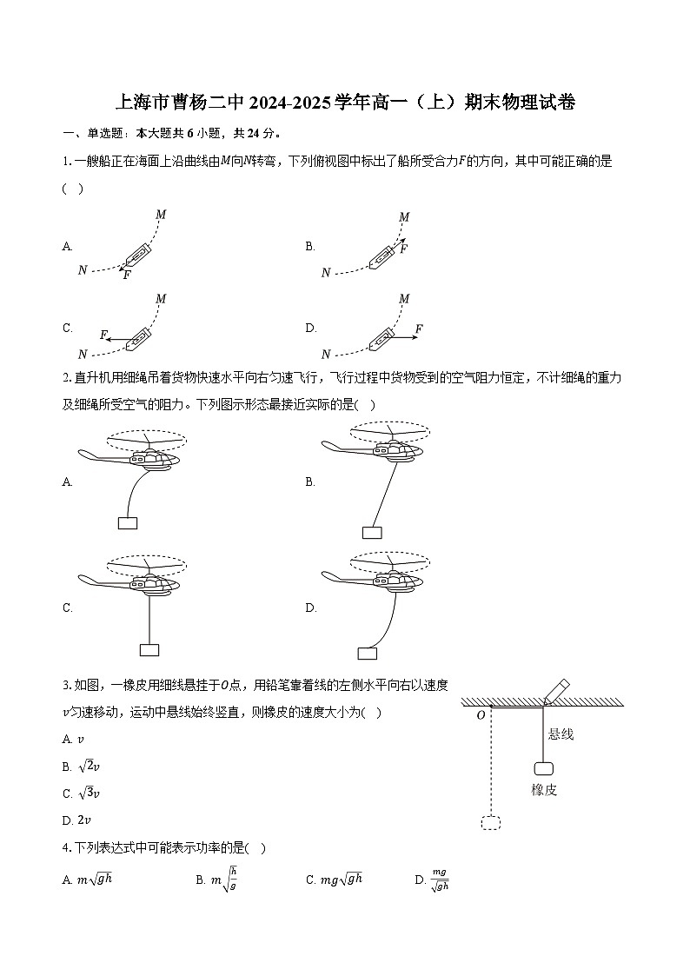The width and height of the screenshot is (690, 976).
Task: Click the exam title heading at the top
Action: point(345,103)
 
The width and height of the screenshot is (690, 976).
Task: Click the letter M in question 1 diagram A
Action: point(161,215)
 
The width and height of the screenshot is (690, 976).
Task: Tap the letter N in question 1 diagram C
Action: point(83,355)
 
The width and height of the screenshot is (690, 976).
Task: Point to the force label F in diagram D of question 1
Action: point(419,329)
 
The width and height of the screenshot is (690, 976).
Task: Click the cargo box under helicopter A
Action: point(128,522)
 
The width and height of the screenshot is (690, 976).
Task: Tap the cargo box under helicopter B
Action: point(372,533)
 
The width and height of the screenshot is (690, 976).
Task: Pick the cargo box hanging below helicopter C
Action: point(149,649)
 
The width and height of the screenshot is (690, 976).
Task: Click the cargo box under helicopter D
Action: point(368,654)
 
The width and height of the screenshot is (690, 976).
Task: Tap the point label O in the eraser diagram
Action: point(481,715)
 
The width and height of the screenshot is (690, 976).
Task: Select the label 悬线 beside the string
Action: point(561,735)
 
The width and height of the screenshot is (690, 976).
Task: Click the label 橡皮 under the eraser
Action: point(544,790)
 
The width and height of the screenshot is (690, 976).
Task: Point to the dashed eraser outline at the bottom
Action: point(491,821)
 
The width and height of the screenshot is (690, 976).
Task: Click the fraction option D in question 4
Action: point(440,880)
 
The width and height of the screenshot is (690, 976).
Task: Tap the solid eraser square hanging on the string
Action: point(544,768)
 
